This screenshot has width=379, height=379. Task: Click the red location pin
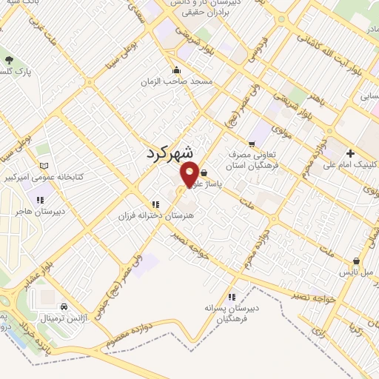click(190, 173)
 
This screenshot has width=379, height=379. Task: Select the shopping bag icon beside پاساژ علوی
click(204, 172)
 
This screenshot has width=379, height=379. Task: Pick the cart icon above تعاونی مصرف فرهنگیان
click(252, 144)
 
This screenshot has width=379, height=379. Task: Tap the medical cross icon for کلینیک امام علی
click(350, 152)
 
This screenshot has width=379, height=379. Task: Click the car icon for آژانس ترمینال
click(64, 306)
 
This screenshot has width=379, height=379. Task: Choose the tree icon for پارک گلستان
click(9, 60)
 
